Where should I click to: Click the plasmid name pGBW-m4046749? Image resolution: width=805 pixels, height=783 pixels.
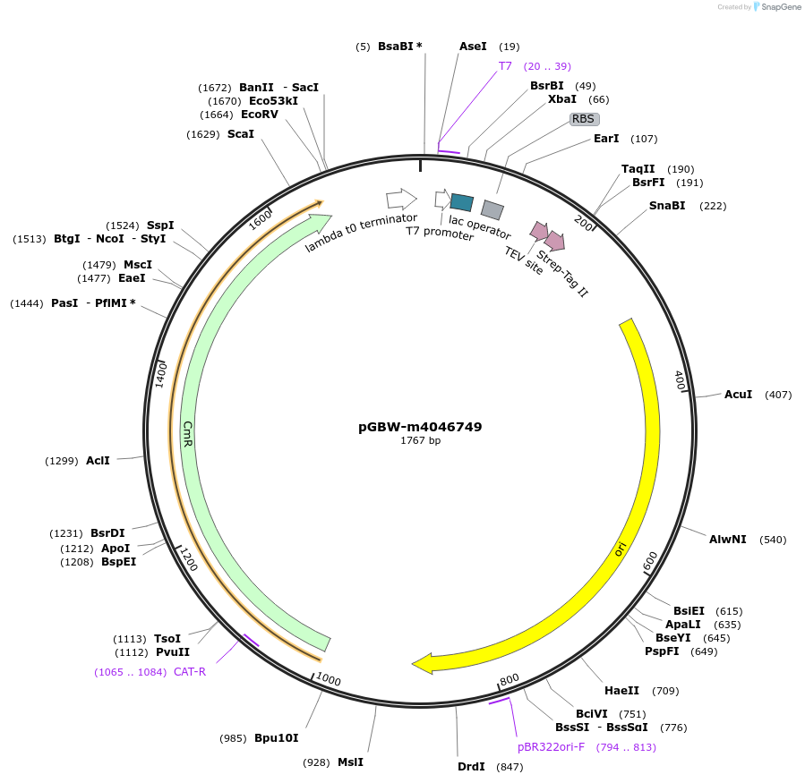click(x=420, y=427)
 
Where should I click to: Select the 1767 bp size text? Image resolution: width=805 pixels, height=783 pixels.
click(x=420, y=440)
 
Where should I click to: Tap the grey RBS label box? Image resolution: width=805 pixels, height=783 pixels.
click(x=584, y=118)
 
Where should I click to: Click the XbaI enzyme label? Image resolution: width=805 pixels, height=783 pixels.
click(x=562, y=99)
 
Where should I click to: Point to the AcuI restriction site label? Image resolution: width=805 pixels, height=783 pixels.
click(x=738, y=395)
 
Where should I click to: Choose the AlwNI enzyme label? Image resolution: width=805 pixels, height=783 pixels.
click(x=727, y=540)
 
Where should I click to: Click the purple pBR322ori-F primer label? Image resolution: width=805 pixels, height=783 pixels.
click(x=551, y=747)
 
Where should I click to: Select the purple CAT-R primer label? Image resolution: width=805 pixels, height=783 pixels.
click(x=190, y=672)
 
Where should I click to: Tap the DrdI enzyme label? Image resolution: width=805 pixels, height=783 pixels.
click(x=471, y=767)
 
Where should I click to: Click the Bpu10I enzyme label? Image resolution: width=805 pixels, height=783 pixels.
click(x=276, y=738)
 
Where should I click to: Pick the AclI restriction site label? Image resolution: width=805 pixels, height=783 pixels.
click(x=98, y=461)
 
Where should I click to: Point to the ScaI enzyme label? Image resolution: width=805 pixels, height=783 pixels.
click(x=240, y=134)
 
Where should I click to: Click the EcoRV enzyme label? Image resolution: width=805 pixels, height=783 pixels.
click(x=259, y=115)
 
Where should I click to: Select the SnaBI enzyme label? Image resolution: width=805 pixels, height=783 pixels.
click(x=667, y=206)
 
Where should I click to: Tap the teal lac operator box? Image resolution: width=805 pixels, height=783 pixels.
click(x=461, y=202)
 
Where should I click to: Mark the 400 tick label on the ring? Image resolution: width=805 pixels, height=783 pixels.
click(x=679, y=380)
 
